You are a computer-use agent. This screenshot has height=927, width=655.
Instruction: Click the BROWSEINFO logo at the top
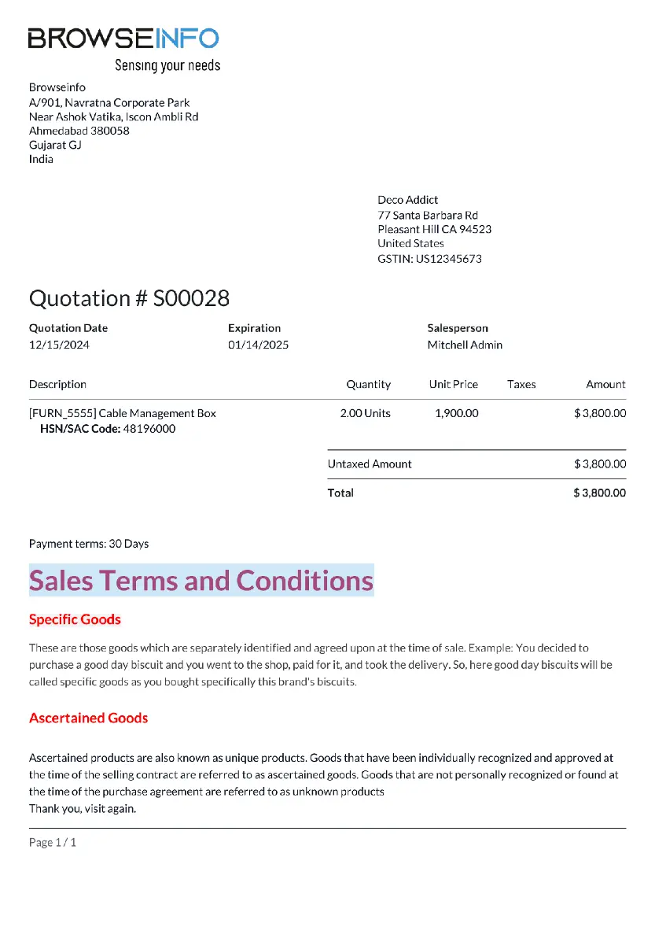(x=123, y=39)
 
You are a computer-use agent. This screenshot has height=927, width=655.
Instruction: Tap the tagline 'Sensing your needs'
(x=167, y=65)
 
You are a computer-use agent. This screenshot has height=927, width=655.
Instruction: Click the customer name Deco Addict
(x=407, y=200)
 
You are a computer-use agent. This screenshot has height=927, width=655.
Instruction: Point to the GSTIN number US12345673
(x=450, y=259)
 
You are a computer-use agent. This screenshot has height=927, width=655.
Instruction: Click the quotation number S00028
(x=191, y=298)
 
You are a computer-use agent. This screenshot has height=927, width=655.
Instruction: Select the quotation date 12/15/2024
(x=59, y=345)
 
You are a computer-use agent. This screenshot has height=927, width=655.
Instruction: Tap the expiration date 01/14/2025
(x=258, y=345)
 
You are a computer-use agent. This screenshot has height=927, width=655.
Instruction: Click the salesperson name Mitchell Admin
(x=465, y=345)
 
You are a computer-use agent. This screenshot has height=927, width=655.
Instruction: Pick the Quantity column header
(x=368, y=385)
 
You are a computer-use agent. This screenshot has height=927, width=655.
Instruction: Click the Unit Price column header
(x=453, y=385)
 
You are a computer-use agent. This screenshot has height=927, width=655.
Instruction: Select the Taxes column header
(x=521, y=385)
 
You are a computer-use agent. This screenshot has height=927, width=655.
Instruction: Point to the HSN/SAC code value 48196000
(x=149, y=429)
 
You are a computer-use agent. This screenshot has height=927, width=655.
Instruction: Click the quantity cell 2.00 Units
(x=365, y=413)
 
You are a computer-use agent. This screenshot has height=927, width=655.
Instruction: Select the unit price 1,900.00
(x=456, y=413)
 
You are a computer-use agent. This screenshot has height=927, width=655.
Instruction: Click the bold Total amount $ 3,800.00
(x=599, y=493)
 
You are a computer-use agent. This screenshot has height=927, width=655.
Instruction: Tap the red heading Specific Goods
(x=75, y=619)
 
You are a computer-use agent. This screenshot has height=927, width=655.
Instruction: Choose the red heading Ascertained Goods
(x=88, y=718)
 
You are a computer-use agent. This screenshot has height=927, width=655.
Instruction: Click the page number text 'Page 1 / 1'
(x=53, y=843)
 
